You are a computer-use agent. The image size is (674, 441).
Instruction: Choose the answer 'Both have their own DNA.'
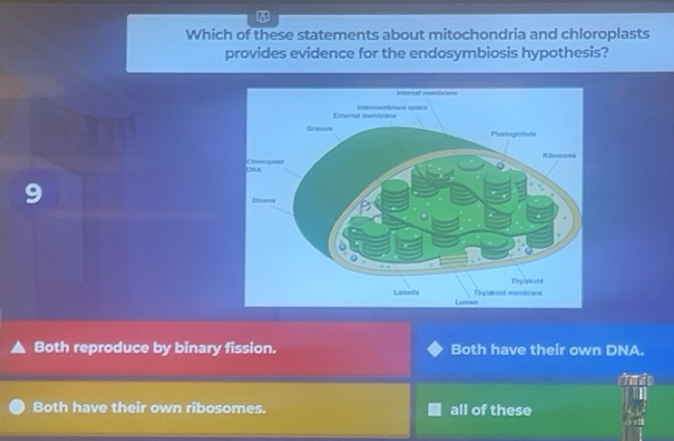tap(547, 349)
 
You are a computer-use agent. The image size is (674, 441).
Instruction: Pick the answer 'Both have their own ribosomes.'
tap(149, 408)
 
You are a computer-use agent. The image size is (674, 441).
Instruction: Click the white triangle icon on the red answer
tap(17, 349)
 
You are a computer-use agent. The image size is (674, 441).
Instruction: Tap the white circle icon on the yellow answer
tap(17, 408)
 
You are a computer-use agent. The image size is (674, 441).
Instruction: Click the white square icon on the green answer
tap(433, 410)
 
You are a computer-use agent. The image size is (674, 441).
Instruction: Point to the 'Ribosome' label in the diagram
tap(560, 154)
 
